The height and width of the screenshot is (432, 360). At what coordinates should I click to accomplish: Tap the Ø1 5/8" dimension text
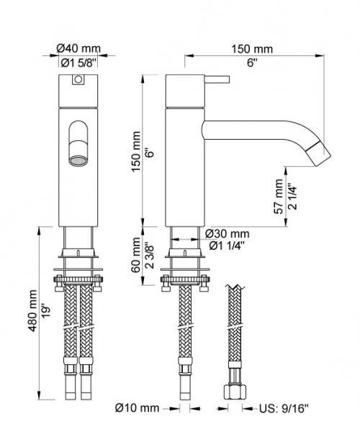click(x=78, y=63)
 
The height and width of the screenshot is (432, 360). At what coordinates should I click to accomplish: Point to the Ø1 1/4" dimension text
click(x=227, y=247)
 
